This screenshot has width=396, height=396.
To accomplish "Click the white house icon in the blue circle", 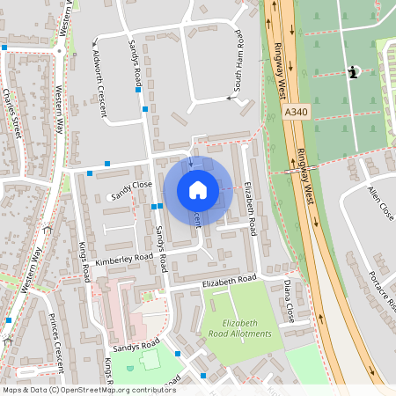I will pos(198,190).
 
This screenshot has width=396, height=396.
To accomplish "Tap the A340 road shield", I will pos(297,113).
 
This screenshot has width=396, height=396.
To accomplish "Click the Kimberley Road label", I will pos(125,259).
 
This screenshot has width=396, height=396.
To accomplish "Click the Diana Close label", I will pos(289,300).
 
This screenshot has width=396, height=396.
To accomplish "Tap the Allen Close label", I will pos(380,202).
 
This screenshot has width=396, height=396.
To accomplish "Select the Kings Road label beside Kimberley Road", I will pos(84,261).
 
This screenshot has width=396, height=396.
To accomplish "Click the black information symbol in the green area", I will pos(353,73).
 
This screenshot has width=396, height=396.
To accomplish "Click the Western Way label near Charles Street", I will pos(60,108).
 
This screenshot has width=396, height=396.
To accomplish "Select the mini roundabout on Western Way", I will pos(59,51).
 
